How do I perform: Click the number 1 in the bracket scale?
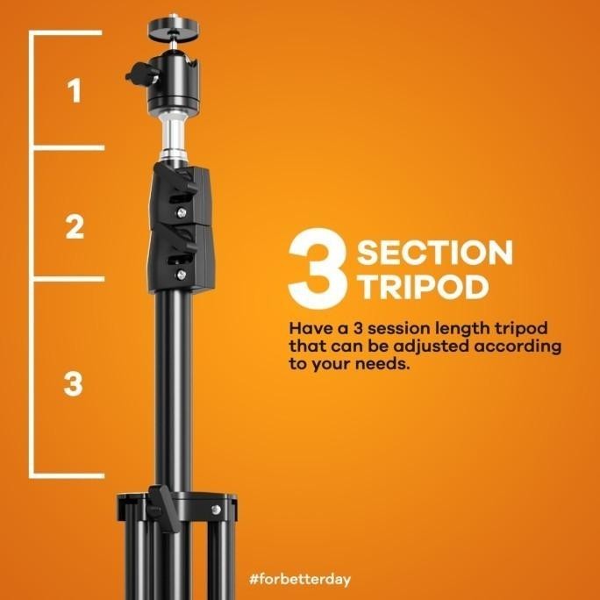[x=75, y=91]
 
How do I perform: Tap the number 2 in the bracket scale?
[x=75, y=227]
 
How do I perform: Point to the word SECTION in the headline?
[x=434, y=253]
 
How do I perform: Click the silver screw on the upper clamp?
[x=182, y=211]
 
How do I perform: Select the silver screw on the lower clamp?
[x=182, y=274]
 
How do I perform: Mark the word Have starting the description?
[x=309, y=328]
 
